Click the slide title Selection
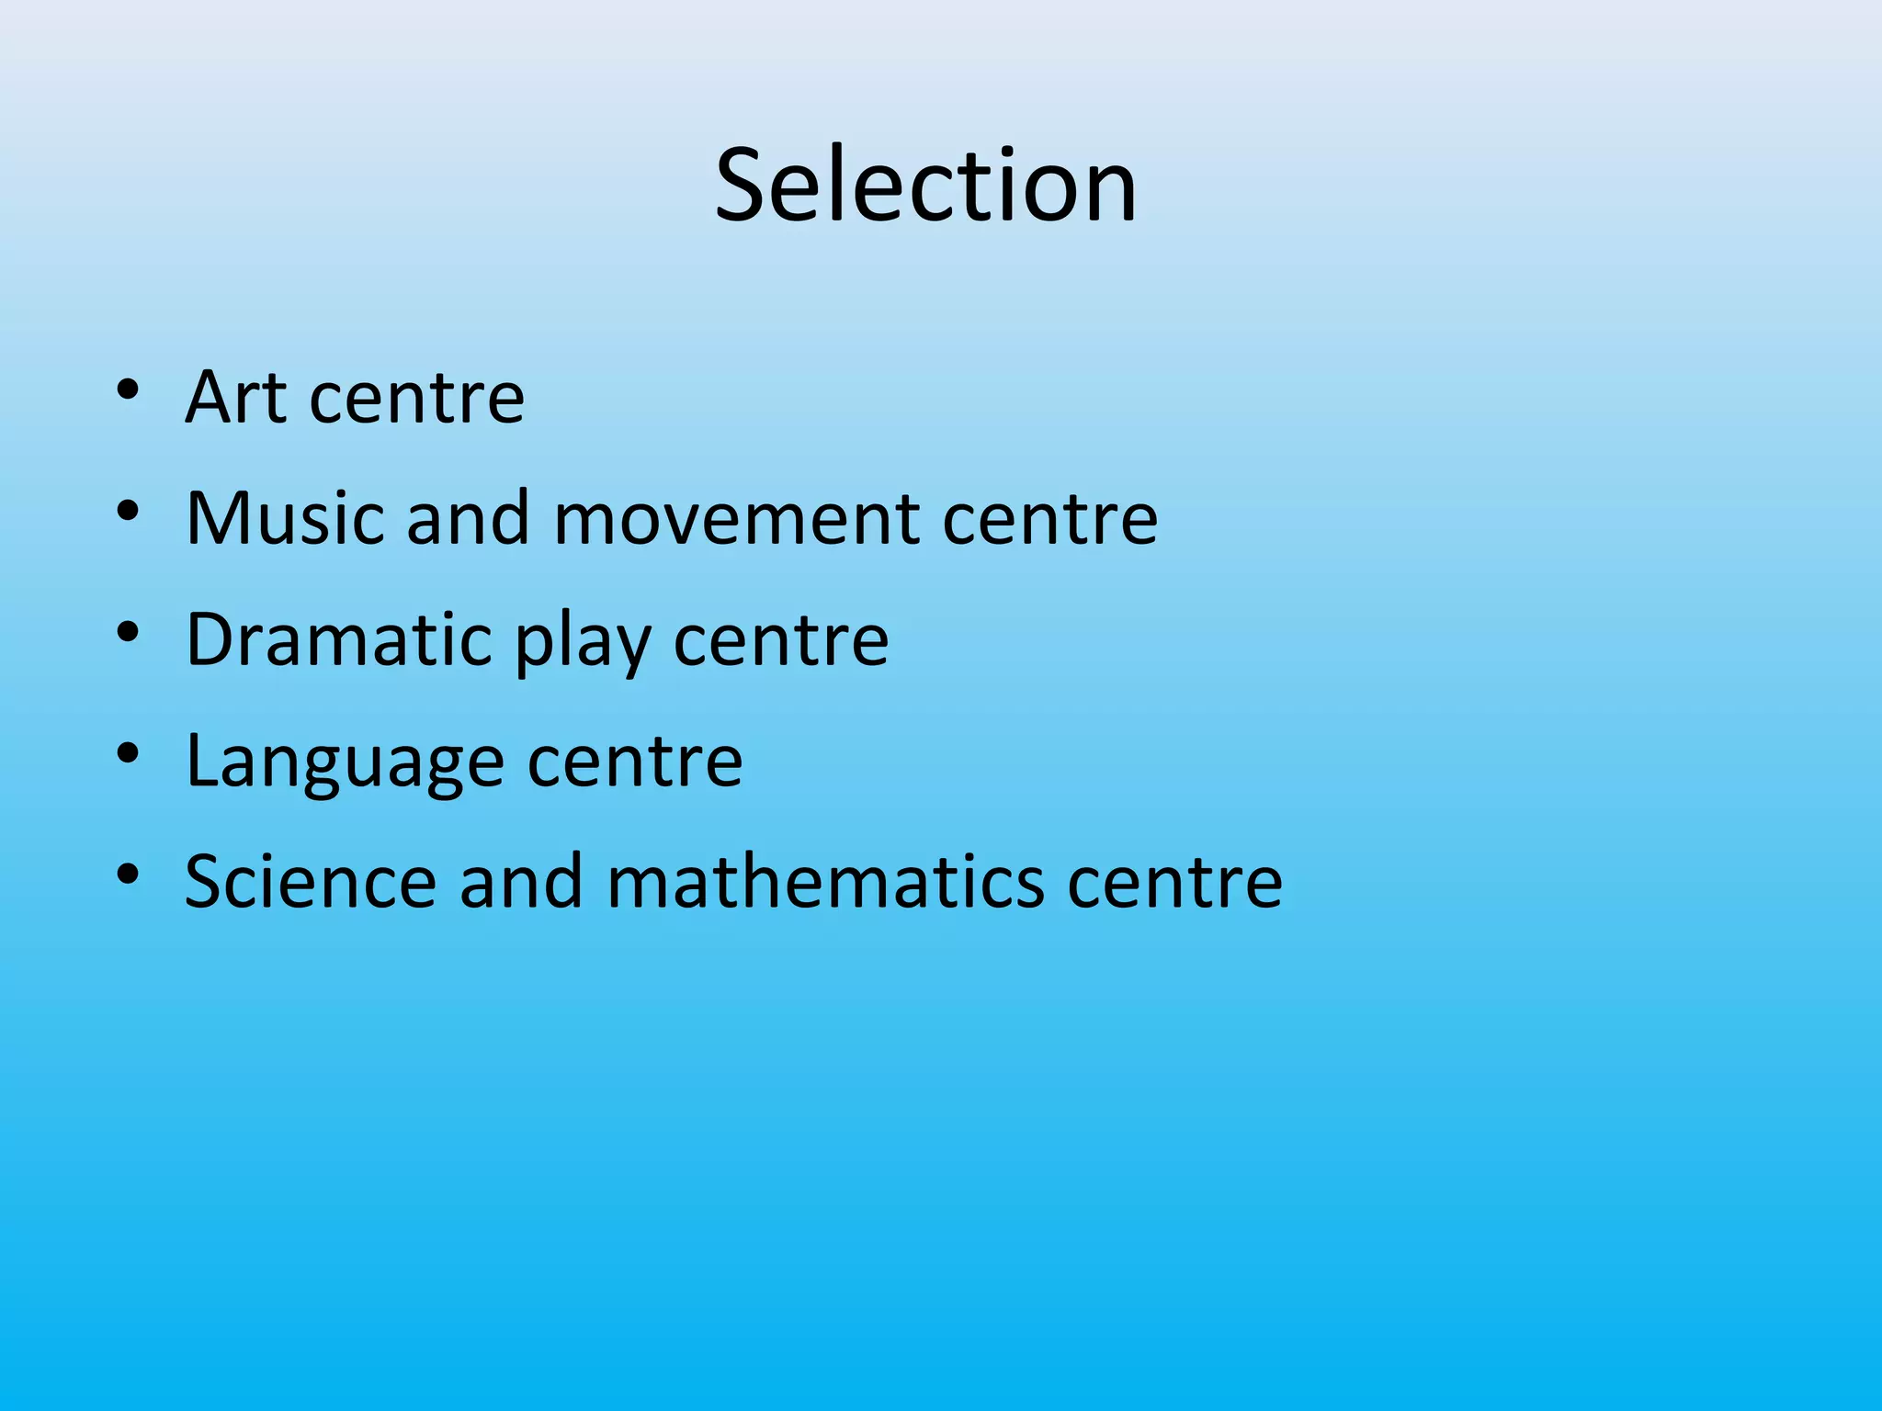pos(926,186)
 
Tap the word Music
pos(285,518)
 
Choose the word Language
pos(345,762)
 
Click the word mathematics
pos(825,882)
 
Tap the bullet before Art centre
pos(128,390)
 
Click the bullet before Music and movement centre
pos(128,512)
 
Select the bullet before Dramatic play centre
pos(128,633)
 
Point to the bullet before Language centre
pos(128,754)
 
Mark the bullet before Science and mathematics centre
pos(128,875)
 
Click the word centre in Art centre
pos(417,400)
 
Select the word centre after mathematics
pos(1175,884)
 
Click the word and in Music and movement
pos(469,518)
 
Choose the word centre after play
pos(781,641)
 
